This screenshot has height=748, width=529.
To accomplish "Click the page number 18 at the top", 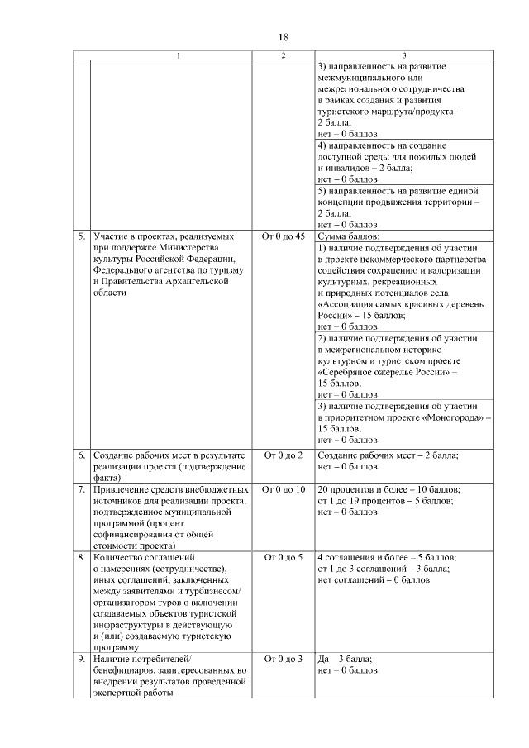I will [x=283, y=38].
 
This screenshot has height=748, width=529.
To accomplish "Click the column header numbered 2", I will [x=283, y=55].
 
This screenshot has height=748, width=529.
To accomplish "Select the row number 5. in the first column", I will [x=82, y=236].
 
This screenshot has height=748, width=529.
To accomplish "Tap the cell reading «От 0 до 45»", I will [x=283, y=236].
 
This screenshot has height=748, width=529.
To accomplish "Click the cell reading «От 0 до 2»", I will [x=283, y=455].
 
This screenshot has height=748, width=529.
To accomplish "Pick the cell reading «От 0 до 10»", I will [x=283, y=489].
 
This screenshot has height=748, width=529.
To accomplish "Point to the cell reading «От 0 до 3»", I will [x=283, y=659].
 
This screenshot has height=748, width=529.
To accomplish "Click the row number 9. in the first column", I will [x=82, y=659].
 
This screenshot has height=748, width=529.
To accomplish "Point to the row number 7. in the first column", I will [x=82, y=489].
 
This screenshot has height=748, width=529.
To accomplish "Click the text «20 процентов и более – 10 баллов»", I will [x=388, y=489].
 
